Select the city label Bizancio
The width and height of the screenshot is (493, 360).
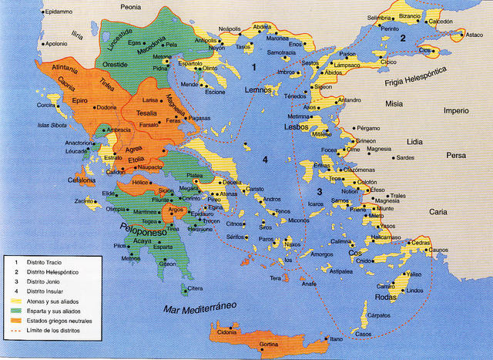click(x=409, y=16)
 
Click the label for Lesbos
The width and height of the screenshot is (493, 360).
click(x=296, y=126)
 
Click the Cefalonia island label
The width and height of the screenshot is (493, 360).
click(x=81, y=180)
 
